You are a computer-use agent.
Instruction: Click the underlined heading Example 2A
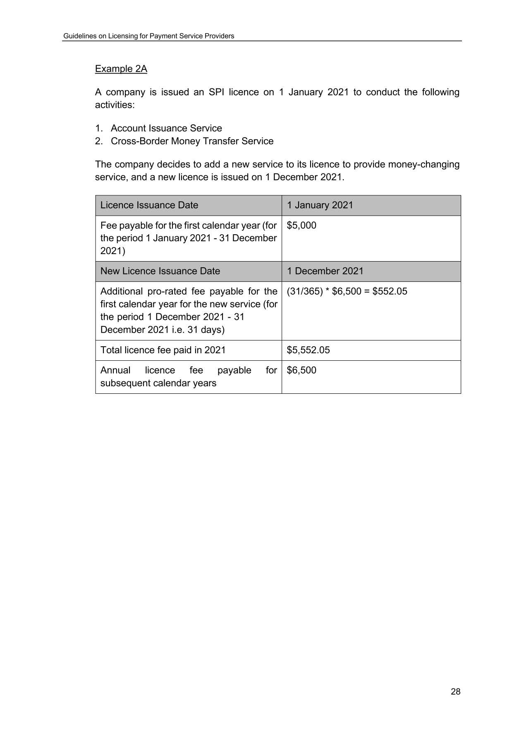tap(121, 69)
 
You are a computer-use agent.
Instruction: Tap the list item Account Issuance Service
tap(166, 128)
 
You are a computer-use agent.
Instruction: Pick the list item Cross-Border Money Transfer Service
tap(192, 141)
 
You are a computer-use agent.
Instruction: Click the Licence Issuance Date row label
tap(149, 205)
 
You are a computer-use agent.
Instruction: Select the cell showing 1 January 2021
tap(320, 205)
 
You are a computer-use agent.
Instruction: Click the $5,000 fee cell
tap(301, 225)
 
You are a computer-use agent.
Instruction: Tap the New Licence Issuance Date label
tap(160, 271)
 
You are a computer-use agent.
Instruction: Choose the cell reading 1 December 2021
tap(325, 271)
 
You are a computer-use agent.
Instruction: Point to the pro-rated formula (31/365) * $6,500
tap(324, 291)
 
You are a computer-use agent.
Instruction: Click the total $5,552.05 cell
tap(308, 350)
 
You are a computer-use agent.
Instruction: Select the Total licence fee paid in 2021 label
tap(163, 350)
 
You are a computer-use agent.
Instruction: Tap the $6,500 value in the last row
tap(301, 370)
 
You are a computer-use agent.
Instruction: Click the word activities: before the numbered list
tap(115, 105)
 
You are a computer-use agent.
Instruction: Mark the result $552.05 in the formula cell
tap(390, 291)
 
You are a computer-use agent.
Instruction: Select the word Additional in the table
tap(121, 291)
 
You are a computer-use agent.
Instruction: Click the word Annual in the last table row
tap(115, 370)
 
